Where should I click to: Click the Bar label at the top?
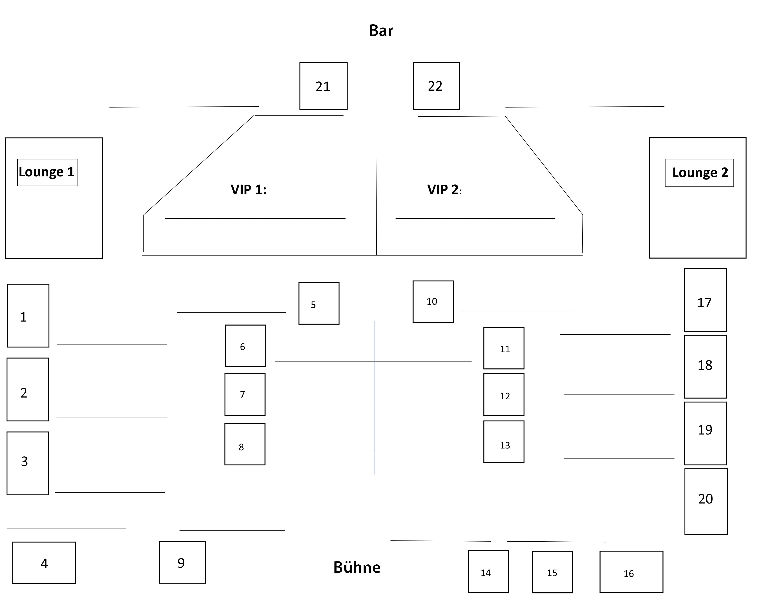(381, 31)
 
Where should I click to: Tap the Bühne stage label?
(357, 567)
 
